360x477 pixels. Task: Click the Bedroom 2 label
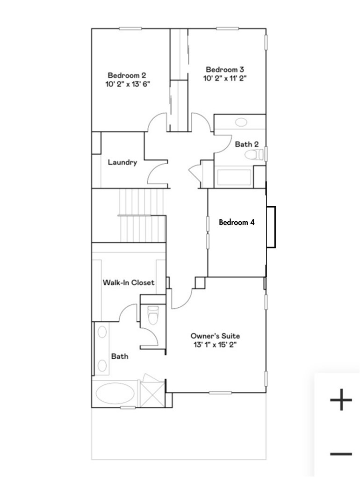click(127, 75)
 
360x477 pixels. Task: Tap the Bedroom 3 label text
click(225, 70)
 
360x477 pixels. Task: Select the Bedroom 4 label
click(237, 223)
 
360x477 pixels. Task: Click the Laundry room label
click(122, 163)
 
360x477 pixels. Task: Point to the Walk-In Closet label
click(128, 282)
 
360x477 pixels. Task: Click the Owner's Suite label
click(215, 336)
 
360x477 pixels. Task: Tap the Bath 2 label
click(246, 145)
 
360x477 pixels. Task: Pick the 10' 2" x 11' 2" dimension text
click(225, 79)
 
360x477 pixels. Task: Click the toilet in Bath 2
click(252, 155)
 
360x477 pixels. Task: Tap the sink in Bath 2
click(241, 123)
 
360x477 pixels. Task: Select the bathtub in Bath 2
click(234, 178)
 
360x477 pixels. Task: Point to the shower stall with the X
click(152, 392)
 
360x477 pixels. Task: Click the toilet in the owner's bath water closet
click(152, 315)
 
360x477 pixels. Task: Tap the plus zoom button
click(341, 400)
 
